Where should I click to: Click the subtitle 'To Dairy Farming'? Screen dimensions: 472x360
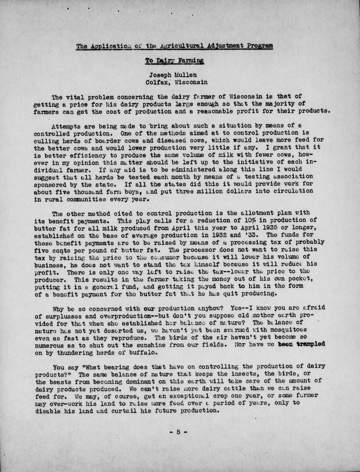[174, 61]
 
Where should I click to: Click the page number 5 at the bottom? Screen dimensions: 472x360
[178, 432]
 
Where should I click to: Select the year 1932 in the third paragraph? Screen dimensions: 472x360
[209, 235]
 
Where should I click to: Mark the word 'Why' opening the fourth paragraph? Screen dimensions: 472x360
[58, 307]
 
